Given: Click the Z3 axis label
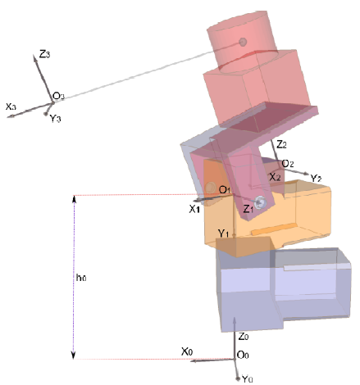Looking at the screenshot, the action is tap(44, 54).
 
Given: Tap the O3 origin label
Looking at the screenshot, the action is tap(58, 96).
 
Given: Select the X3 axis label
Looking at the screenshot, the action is tap(11, 106).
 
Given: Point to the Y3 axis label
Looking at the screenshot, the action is tap(55, 118).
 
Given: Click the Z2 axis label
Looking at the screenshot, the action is tap(281, 144).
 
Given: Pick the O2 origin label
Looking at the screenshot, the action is tap(288, 164).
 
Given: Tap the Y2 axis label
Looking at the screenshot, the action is tap(316, 179).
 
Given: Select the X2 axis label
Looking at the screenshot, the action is tap(275, 177).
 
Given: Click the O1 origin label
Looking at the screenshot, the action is tap(225, 189).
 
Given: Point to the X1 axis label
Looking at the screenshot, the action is tap(194, 209).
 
